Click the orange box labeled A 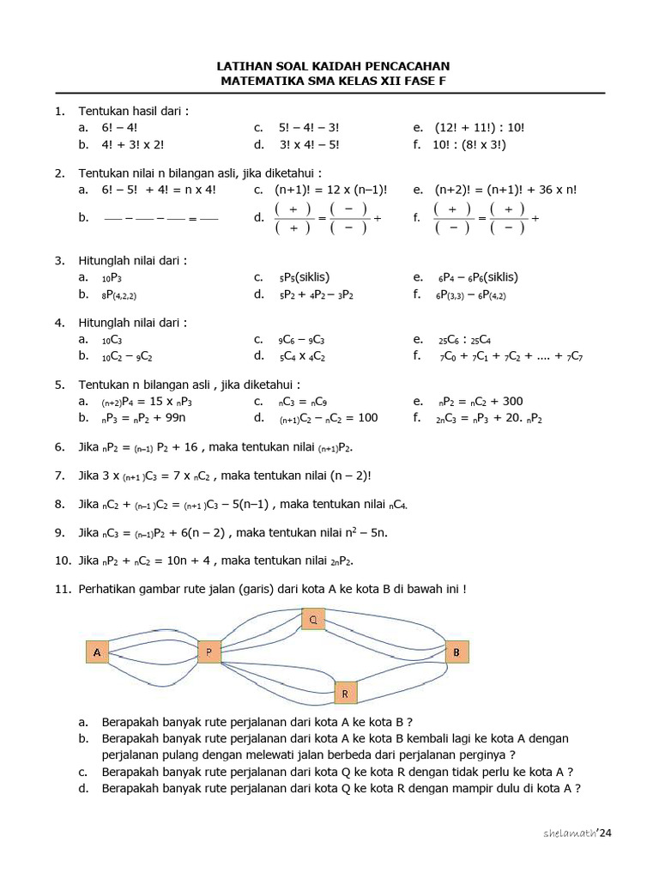[x=97, y=653]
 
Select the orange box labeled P [x=209, y=653]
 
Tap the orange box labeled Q [x=313, y=618]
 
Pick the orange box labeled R [x=344, y=692]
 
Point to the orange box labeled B [x=456, y=652]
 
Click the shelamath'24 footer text [x=579, y=834]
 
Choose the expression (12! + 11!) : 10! [x=480, y=128]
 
